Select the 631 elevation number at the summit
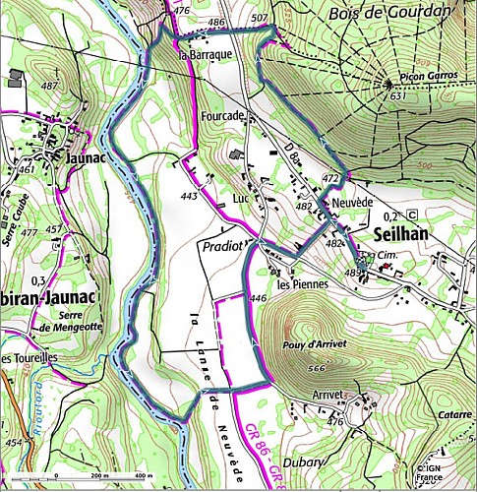pos(396,96)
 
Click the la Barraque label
pos(204,56)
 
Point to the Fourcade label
pos(221,115)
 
